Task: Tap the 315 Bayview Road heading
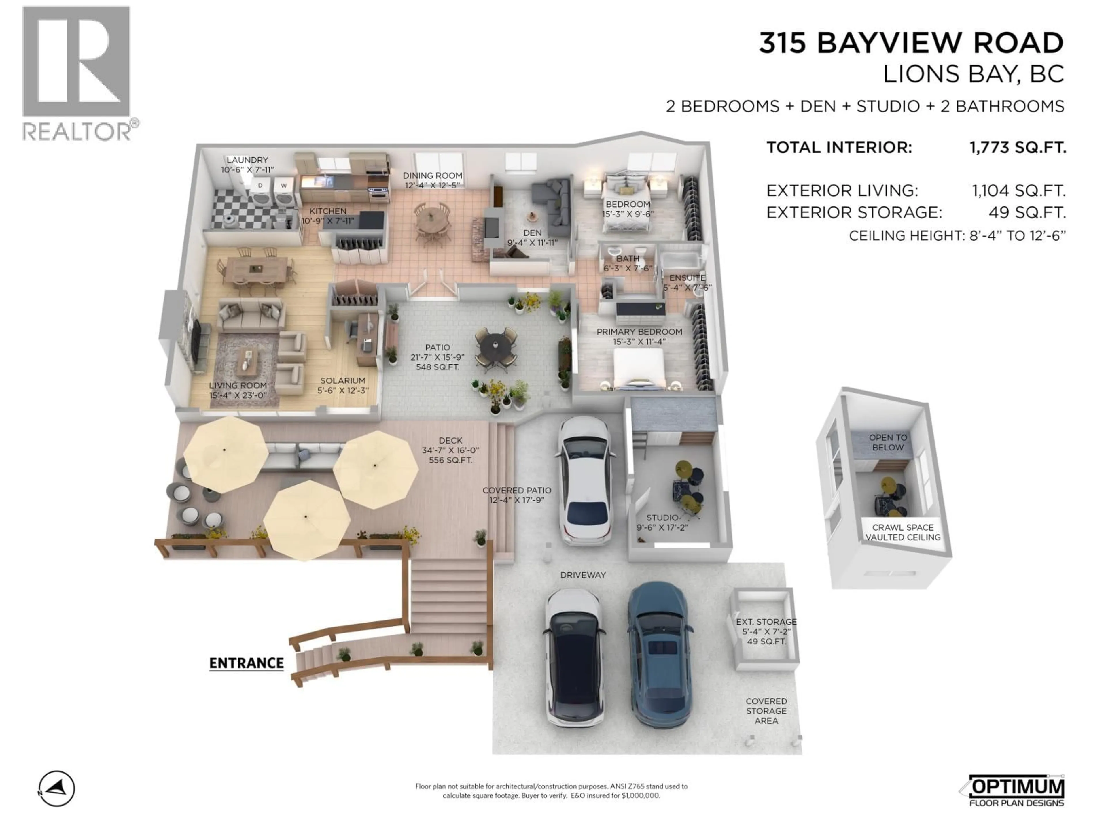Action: [x=911, y=43]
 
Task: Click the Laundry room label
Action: [x=247, y=165]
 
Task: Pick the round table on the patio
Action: [x=495, y=345]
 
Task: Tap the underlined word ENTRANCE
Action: [x=247, y=663]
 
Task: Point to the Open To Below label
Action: [x=888, y=442]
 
